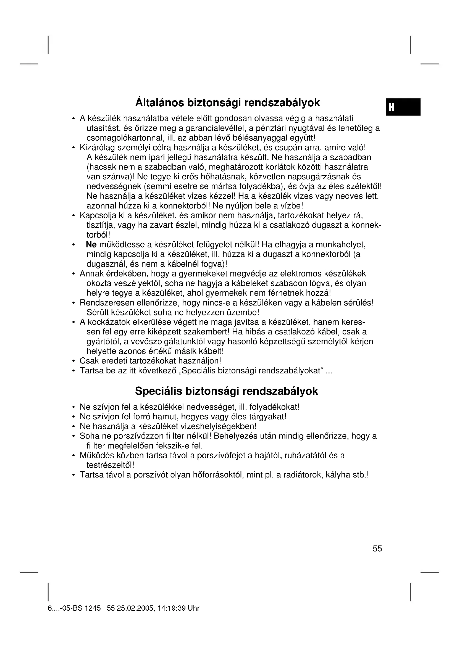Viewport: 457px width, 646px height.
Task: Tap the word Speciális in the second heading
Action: pos(159,391)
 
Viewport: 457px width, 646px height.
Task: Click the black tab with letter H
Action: pos(403,107)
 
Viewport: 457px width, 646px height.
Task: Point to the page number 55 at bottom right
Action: pos(377,549)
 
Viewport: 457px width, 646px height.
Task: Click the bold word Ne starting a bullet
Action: pos(91,244)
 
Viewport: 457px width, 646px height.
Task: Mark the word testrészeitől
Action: pos(110,465)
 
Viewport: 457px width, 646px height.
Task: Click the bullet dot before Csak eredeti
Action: pos(73,361)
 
